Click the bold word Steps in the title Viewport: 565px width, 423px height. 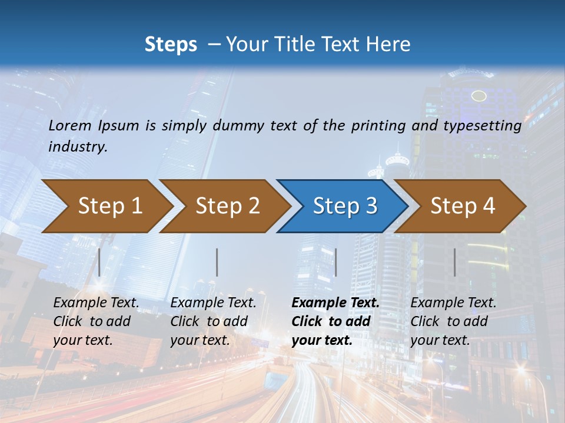click(x=171, y=45)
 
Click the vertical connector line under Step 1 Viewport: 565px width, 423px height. click(x=99, y=262)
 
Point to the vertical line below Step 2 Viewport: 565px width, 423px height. click(x=217, y=262)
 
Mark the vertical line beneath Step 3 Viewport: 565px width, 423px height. click(x=335, y=262)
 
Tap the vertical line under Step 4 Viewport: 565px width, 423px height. click(x=454, y=262)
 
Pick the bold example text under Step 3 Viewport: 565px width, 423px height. click(x=335, y=321)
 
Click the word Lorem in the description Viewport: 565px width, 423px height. click(x=70, y=126)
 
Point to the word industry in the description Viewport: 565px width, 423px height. click(x=78, y=147)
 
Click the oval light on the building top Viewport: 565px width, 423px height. click(x=479, y=96)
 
